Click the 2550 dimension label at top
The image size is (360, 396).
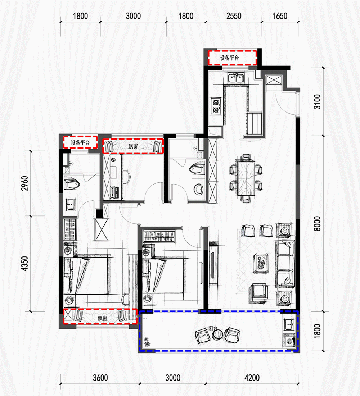[234, 16]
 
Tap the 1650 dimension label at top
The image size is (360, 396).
[280, 16]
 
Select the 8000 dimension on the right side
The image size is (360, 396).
[317, 223]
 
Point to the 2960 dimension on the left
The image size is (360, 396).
[25, 183]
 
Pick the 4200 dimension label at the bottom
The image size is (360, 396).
[252, 378]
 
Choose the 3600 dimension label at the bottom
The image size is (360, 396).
[100, 378]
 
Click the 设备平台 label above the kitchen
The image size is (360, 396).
[229, 58]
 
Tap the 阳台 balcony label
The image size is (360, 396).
[213, 328]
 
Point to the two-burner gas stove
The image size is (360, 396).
[216, 106]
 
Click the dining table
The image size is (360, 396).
[246, 178]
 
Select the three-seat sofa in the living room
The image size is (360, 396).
[285, 264]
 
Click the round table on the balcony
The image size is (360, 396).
[218, 334]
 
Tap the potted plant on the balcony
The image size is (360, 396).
[147, 342]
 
